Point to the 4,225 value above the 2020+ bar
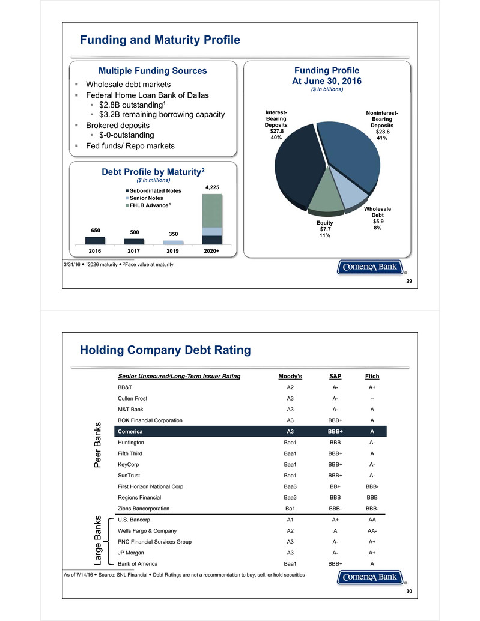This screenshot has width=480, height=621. tap(211, 187)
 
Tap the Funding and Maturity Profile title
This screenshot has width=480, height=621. tap(160, 40)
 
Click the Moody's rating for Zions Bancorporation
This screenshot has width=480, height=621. tap(291, 509)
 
